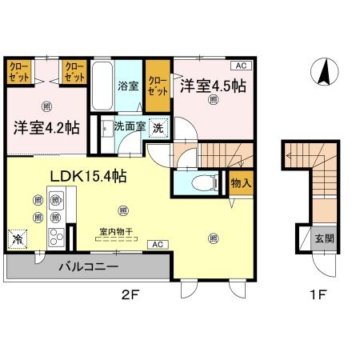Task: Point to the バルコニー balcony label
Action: tap(88, 266)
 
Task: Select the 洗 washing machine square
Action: tap(158, 127)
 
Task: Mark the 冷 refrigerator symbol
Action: tap(17, 238)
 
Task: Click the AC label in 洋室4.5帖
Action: tap(239, 66)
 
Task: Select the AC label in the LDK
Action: tap(157, 244)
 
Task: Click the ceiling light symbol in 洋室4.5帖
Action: tap(213, 99)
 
